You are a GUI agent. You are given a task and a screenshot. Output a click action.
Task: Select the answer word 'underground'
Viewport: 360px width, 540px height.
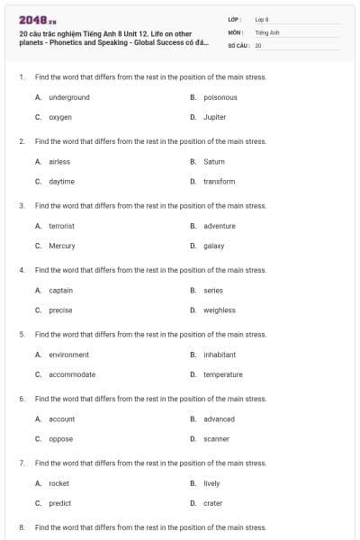coord(69,97)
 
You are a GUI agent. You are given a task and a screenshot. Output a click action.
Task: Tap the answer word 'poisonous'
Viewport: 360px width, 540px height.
coord(220,97)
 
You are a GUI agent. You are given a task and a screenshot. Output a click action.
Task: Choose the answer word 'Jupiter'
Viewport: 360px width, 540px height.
coord(215,117)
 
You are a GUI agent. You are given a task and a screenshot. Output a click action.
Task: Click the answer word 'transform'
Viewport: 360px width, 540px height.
coord(219,181)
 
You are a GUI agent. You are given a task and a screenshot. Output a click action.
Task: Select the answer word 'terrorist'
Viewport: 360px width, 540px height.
coord(61,226)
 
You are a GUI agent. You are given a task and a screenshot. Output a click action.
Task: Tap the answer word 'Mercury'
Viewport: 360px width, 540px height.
coord(62,246)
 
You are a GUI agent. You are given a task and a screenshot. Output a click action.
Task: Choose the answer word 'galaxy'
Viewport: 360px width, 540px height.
coord(213,246)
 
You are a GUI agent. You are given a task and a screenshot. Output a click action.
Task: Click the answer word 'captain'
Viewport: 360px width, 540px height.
coord(61,291)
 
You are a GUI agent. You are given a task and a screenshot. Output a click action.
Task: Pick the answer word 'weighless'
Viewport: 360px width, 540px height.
coord(220,310)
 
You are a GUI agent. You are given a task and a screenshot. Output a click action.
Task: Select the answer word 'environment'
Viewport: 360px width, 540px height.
coord(69,355)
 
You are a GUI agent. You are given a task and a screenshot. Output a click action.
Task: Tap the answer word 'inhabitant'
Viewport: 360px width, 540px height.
coord(220,355)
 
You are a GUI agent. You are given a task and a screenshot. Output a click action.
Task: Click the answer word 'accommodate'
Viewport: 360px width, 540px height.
coord(72,374)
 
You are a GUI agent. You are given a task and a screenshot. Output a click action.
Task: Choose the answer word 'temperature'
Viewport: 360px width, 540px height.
coord(223,374)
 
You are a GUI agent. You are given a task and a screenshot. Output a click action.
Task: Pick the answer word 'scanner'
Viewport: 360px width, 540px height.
coord(216,439)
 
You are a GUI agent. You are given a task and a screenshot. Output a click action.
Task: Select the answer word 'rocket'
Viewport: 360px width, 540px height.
coord(58,483)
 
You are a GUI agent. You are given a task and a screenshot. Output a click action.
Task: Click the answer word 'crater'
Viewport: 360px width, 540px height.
coord(212,503)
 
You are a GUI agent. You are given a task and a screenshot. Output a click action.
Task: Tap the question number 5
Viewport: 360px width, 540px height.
coord(21,334)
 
